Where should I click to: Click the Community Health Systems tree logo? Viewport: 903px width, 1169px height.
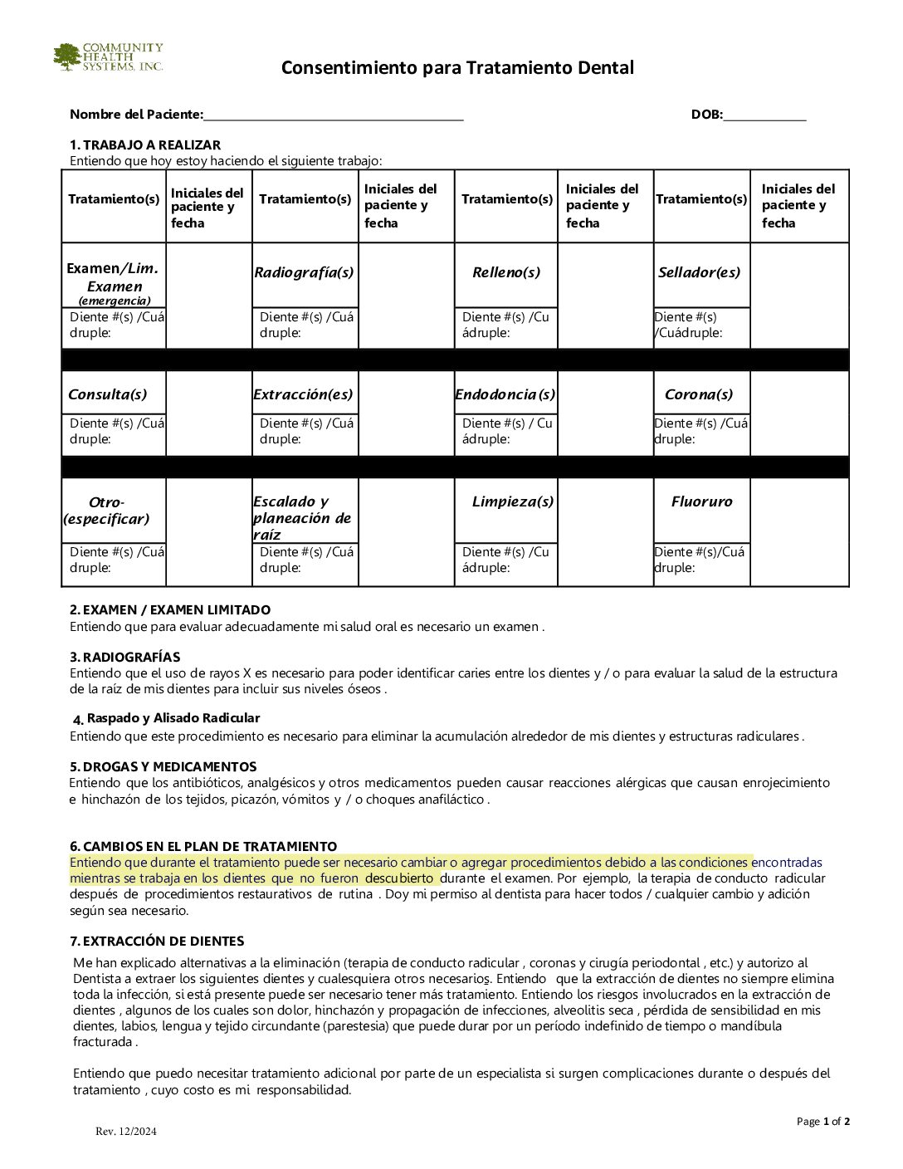68,57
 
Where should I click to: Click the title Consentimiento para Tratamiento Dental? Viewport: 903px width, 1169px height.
457,67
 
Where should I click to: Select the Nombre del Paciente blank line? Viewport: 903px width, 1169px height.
333,115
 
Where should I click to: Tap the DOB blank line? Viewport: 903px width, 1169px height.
764,115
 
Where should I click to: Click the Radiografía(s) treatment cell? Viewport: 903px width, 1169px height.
305,273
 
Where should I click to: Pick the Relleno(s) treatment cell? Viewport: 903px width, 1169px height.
505,273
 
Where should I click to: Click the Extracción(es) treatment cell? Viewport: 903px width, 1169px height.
304,394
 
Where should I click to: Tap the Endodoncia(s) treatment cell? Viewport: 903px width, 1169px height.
505,394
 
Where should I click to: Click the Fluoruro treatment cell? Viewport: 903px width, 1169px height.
702,501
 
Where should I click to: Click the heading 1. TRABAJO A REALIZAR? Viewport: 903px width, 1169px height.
145,145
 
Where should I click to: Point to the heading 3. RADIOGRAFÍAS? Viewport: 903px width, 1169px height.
124,657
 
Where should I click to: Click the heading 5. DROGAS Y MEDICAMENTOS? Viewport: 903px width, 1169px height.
163,766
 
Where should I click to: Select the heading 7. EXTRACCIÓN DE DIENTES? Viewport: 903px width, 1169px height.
157,941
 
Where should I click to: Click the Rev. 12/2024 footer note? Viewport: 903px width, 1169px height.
125,1131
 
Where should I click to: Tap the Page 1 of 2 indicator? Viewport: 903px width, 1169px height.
822,1122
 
